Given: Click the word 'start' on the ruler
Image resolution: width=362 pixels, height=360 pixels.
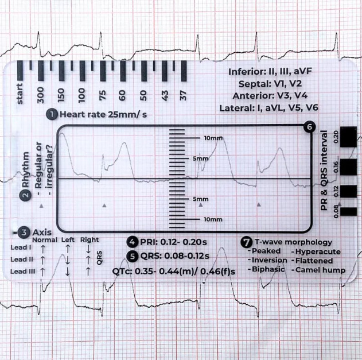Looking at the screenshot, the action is pyautogui.click(x=20, y=94).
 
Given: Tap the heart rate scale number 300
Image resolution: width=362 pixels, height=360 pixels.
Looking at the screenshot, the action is pyautogui.click(x=40, y=94).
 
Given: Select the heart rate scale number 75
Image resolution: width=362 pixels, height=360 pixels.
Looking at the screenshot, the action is pyautogui.click(x=103, y=94).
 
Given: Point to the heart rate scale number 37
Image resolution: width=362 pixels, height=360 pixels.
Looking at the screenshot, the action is pyautogui.click(x=183, y=94).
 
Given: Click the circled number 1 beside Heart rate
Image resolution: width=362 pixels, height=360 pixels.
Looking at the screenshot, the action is pyautogui.click(x=52, y=114).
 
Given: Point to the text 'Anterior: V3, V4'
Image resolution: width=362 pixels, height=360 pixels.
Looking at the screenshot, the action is pyautogui.click(x=268, y=96).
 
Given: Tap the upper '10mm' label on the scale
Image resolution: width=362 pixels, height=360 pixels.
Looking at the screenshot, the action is pyautogui.click(x=213, y=138).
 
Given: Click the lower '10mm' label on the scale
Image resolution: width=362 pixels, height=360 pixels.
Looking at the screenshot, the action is pyautogui.click(x=213, y=219).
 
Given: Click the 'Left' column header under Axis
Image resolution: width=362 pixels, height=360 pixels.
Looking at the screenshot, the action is pyautogui.click(x=68, y=240).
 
